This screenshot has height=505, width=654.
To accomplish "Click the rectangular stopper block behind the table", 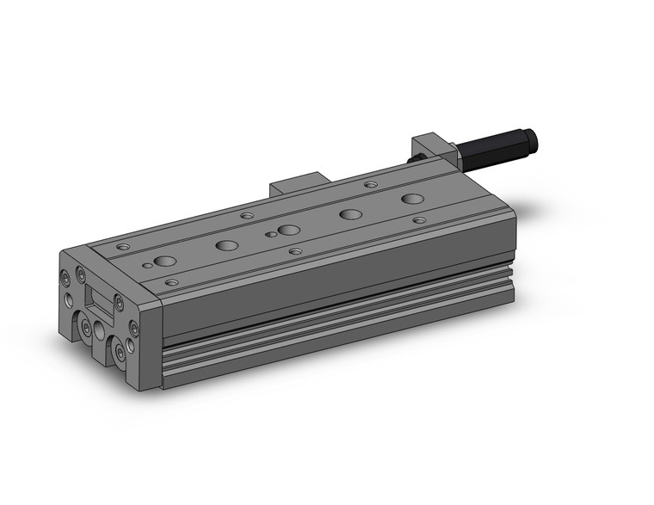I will (x=298, y=185).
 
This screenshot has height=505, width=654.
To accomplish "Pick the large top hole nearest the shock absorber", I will (x=412, y=199).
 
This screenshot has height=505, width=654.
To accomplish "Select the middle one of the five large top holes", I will (x=288, y=230).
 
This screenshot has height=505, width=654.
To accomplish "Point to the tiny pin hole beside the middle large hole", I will (x=270, y=234).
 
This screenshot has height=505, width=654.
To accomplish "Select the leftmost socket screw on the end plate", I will (x=66, y=278).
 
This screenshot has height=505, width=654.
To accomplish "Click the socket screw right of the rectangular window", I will (x=119, y=304).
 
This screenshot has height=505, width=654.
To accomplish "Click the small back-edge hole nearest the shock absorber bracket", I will (x=370, y=184).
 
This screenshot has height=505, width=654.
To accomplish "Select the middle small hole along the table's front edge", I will (x=295, y=251).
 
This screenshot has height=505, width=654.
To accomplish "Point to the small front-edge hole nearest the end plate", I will (x=171, y=282).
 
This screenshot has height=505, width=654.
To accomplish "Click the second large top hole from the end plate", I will (x=227, y=245).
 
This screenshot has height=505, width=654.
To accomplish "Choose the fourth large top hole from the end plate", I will (x=349, y=214).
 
